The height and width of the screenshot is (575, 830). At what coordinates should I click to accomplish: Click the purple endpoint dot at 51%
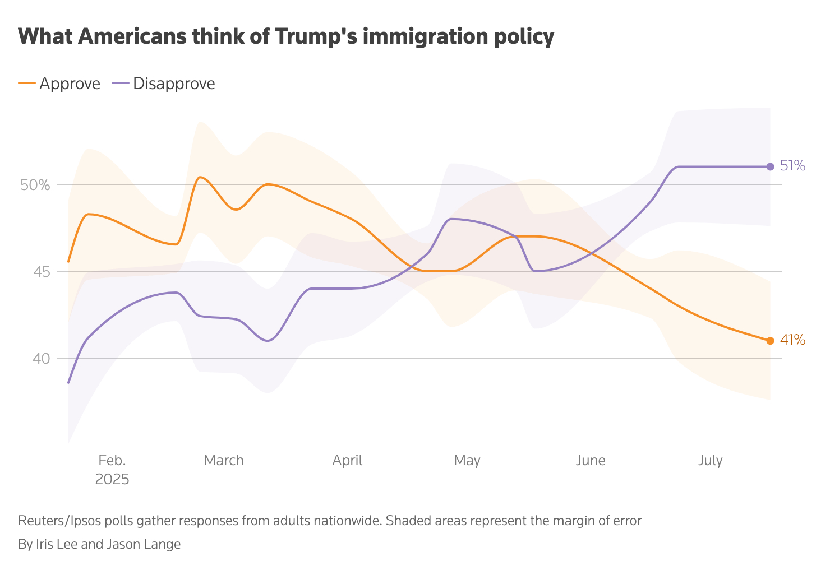coord(770,166)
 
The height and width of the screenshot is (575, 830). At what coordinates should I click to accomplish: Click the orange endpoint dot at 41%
coord(770,341)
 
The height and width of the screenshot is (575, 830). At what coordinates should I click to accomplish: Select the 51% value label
coord(792,166)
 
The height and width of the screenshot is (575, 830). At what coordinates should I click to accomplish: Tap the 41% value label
coord(792,340)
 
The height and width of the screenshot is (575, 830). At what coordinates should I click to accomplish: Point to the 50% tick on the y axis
coord(35,185)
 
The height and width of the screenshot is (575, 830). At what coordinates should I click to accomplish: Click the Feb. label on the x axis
coord(112,461)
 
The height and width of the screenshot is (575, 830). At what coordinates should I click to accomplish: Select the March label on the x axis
coord(224,461)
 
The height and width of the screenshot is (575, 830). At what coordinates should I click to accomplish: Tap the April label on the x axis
coord(347,461)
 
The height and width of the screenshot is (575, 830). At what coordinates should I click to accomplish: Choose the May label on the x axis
coord(467,461)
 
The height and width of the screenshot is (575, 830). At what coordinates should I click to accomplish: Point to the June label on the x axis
coord(591,461)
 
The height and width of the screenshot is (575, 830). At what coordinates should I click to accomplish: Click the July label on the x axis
coord(710,461)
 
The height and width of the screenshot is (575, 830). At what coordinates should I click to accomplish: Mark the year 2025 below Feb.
coord(112,480)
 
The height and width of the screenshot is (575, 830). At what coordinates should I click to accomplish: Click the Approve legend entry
coord(70,84)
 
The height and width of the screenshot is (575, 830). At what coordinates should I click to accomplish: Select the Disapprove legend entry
coord(174,84)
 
